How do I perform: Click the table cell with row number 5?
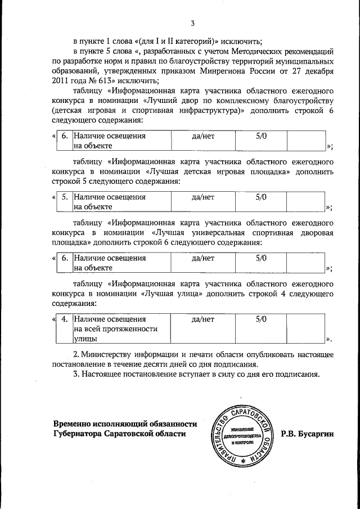(65, 197)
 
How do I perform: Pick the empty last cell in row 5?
(305, 202)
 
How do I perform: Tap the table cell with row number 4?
(65, 319)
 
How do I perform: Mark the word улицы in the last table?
(84, 339)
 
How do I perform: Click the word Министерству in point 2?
(109, 354)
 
